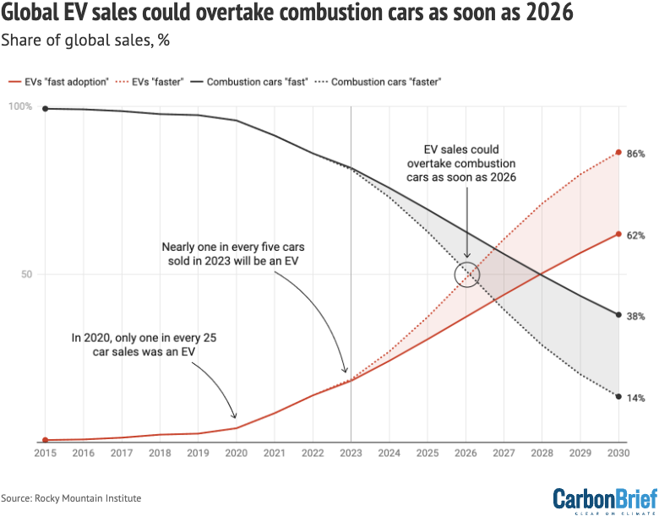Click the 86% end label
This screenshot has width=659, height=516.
tap(636, 154)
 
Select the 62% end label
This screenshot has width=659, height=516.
tap(636, 235)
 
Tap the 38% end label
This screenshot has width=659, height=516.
tap(636, 316)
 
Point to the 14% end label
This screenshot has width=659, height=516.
tap(636, 397)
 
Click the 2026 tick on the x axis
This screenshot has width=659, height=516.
tap(466, 453)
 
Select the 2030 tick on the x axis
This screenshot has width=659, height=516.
tap(618, 453)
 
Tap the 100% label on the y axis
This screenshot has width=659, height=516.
tap(19, 107)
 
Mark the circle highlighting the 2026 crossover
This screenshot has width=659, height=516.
tap(466, 274)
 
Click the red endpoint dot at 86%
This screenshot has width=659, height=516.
tap(619, 152)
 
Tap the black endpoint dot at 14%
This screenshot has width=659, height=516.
tap(619, 396)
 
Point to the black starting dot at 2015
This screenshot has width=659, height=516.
tap(45, 108)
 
